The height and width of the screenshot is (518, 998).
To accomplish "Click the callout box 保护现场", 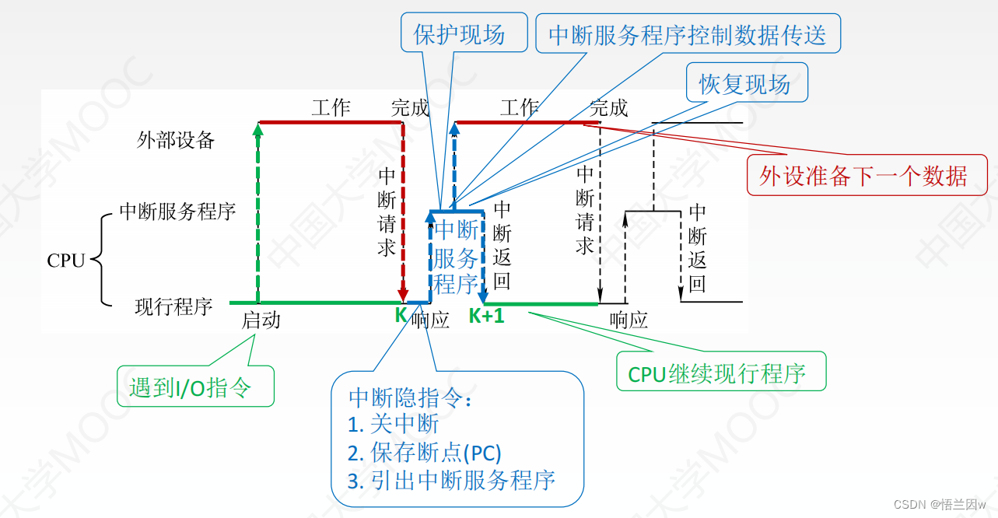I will tap(459, 34).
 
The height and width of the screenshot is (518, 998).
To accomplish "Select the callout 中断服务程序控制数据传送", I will tap(688, 35).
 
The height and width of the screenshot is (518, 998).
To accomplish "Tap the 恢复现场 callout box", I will tap(744, 83).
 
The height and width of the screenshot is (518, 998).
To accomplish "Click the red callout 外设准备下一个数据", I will tap(863, 176).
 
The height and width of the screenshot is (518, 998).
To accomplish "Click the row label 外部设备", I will tap(176, 140).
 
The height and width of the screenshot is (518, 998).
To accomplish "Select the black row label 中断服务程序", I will tap(177, 211).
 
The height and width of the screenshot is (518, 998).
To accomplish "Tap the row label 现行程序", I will tap(174, 306).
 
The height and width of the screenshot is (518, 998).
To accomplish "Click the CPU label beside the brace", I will tap(66, 261).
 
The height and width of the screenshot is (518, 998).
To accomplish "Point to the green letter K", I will tap(401, 315).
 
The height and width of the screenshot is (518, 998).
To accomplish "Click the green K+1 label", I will tap(486, 316).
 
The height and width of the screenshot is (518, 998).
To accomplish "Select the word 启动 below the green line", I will tap(261, 320).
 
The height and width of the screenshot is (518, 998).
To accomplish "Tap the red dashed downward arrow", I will tap(402, 210).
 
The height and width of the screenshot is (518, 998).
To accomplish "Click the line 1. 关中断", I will tap(394, 424).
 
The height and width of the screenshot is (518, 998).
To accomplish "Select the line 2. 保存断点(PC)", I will tap(425, 452).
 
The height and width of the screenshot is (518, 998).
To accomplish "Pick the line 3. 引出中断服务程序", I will tap(451, 480).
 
